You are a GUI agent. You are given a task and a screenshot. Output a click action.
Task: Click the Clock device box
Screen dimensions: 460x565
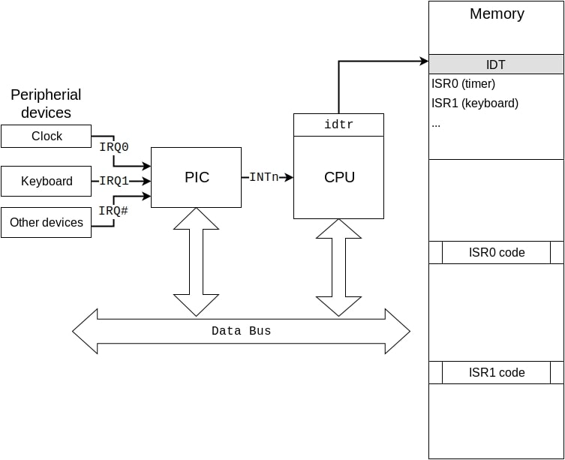46,137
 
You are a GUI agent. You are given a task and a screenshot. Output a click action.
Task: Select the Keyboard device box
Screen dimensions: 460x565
46,182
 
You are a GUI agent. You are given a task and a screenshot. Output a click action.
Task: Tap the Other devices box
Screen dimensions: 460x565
46,223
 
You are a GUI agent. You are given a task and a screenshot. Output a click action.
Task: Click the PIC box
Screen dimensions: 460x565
197,178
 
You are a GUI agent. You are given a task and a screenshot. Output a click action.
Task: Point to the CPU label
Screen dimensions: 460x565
339,178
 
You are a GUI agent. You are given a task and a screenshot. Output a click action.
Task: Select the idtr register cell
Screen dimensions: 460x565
338,125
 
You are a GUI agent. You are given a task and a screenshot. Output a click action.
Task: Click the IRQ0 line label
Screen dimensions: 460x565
114,147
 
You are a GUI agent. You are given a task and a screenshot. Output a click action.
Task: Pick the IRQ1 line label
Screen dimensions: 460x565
114,181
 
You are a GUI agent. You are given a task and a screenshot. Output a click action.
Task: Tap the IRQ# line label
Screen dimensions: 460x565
114,211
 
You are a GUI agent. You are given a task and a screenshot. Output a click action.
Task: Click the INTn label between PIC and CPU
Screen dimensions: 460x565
264,178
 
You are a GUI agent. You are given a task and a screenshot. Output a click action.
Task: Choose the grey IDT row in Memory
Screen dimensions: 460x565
496,65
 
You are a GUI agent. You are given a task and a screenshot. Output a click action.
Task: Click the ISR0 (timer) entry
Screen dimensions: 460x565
464,84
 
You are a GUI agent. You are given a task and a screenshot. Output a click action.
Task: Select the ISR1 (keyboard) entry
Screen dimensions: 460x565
475,104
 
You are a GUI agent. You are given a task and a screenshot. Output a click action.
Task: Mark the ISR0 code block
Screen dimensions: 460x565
496,253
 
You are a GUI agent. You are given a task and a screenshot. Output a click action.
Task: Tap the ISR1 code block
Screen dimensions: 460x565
496,373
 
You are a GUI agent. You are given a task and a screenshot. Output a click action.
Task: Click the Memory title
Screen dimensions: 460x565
497,14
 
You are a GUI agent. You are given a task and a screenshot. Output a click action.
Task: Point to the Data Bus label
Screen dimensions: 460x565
241,331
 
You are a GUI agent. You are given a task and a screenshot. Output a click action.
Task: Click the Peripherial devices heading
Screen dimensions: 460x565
46,104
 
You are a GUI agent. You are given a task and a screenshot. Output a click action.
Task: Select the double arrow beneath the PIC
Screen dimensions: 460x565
196,262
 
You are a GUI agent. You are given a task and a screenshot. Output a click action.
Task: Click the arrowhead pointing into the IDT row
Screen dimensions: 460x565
423,62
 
